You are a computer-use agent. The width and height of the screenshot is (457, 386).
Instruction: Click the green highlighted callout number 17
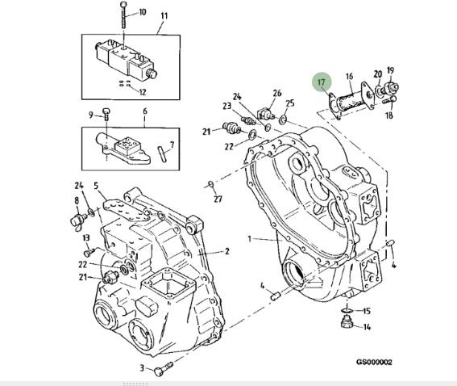[321, 82]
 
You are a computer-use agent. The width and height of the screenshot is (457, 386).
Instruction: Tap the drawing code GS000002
[374, 362]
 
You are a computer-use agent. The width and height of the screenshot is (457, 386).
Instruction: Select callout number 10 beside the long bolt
[142, 12]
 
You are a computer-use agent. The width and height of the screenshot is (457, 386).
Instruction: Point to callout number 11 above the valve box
[164, 15]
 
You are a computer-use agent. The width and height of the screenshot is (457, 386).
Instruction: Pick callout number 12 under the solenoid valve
[143, 92]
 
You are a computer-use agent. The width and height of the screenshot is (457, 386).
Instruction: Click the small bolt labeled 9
[106, 114]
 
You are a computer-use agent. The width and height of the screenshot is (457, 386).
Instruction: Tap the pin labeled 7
[162, 153]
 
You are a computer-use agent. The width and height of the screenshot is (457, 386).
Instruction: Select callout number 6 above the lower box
[145, 111]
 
